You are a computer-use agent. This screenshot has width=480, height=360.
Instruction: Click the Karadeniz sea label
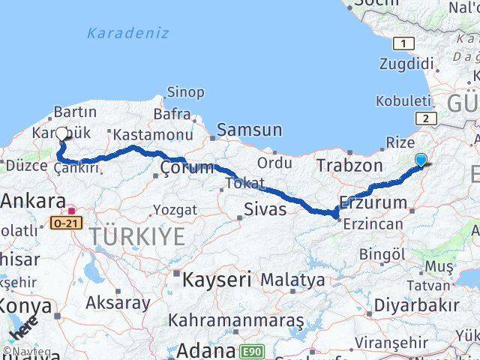(x=127, y=33)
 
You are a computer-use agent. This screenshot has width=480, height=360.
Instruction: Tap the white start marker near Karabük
(x=61, y=134)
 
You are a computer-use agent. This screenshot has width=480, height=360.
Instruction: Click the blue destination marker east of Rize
(x=421, y=160)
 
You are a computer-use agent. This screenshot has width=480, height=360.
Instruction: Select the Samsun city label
(x=250, y=130)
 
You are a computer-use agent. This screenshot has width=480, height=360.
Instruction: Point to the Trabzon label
(x=349, y=165)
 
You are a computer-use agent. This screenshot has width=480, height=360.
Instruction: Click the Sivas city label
(x=265, y=208)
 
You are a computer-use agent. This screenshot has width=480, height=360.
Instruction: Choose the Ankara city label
(x=33, y=201)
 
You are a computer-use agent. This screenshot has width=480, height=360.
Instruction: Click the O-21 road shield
(x=65, y=223)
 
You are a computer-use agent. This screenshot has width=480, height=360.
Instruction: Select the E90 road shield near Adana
(x=252, y=350)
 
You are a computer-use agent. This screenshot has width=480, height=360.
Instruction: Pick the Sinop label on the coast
(x=184, y=92)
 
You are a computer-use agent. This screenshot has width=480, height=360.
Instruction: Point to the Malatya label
(x=292, y=280)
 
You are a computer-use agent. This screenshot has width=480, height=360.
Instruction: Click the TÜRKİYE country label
(x=137, y=237)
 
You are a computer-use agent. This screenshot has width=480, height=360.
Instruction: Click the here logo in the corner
(x=23, y=329)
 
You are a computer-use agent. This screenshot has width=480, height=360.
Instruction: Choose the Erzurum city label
(x=373, y=202)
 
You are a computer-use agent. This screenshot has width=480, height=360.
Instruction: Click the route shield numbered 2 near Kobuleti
(x=425, y=117)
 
